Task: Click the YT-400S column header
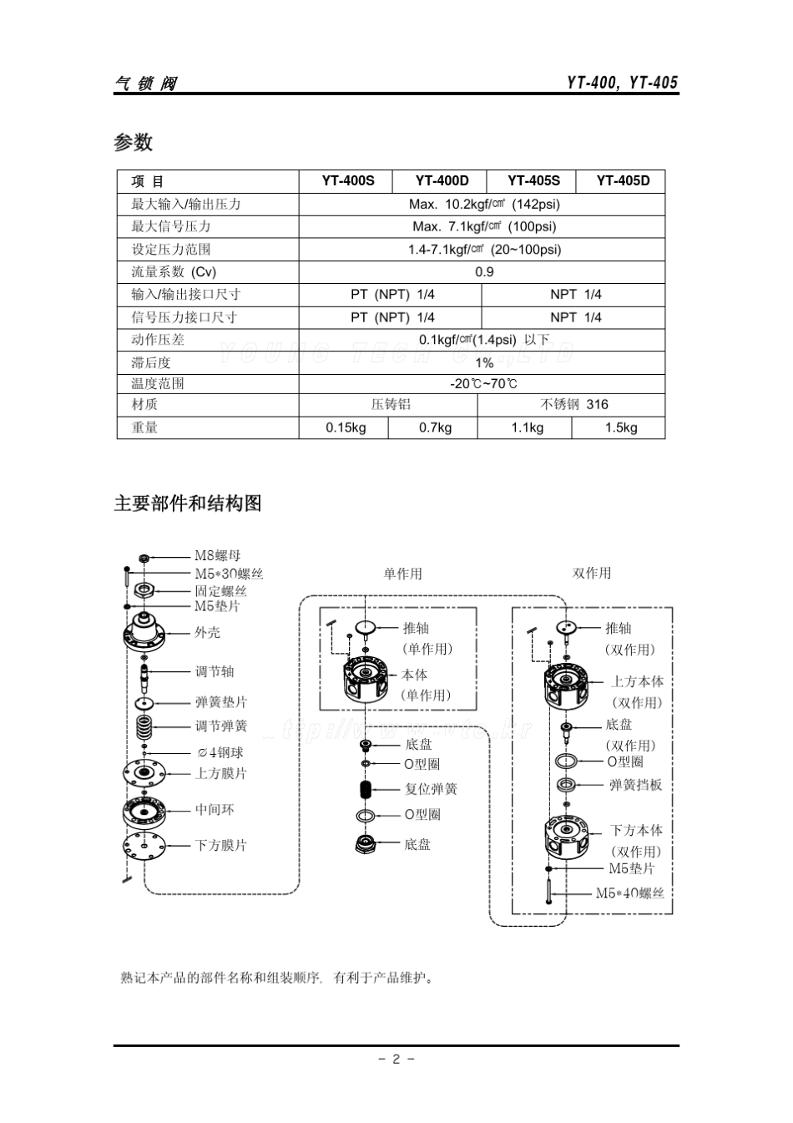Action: [348, 181]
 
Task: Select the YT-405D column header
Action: [623, 181]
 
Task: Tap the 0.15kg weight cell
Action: [346, 427]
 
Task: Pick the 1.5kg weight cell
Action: [621, 427]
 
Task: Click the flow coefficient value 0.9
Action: [484, 272]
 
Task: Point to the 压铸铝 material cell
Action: [391, 405]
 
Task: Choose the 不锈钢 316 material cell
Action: [574, 405]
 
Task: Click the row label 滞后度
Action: [150, 362]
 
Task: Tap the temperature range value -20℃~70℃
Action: [484, 384]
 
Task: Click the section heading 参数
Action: [134, 143]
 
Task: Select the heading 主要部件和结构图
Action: [188, 503]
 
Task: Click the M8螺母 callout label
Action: [218, 556]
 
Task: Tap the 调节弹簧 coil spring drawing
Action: [145, 726]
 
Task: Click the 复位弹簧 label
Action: [431, 789]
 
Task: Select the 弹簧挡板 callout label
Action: [635, 785]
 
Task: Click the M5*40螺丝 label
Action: [629, 893]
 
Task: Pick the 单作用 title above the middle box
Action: [402, 574]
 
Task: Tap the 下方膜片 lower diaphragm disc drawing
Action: [145, 845]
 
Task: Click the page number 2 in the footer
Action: [396, 1060]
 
